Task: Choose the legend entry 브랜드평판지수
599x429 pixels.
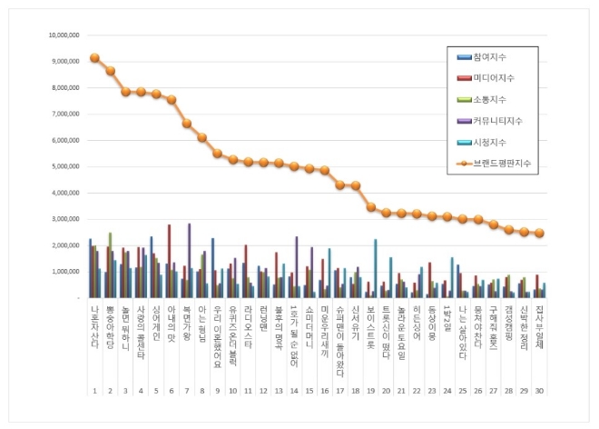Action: tap(498, 164)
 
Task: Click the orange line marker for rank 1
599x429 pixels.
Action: tap(94, 57)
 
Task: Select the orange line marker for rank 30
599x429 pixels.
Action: tap(540, 233)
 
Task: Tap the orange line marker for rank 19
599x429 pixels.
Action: tap(371, 207)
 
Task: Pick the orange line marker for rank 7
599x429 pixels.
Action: tap(186, 124)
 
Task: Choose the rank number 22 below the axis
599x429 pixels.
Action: tap(417, 391)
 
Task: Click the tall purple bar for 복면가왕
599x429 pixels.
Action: tap(190, 260)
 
